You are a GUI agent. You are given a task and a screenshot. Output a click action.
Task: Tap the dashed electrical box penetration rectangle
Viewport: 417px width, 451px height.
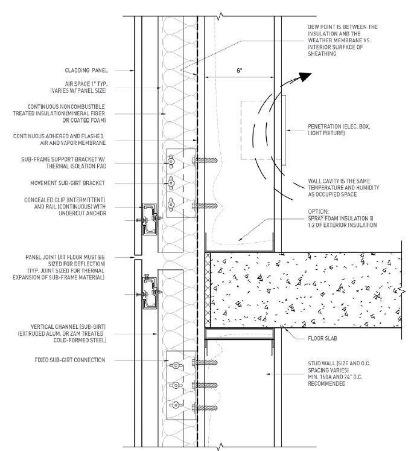(x=259, y=130)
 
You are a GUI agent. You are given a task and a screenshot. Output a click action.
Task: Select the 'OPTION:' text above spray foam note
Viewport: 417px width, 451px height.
(x=317, y=211)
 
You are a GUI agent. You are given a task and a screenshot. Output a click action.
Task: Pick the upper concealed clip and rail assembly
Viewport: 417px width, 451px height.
(x=148, y=219)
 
